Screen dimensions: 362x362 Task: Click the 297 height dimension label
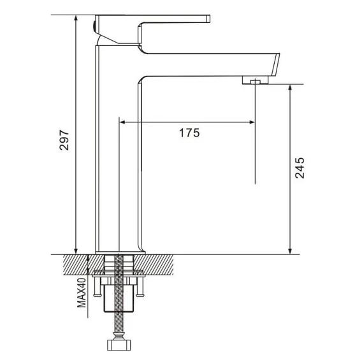[x=64, y=140]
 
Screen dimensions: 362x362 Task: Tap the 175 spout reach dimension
[x=189, y=133]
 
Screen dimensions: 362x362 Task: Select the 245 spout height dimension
[x=300, y=168]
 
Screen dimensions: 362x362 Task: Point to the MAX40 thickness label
[x=82, y=293]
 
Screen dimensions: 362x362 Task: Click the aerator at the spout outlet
[x=255, y=80]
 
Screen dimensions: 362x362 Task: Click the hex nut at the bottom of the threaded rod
[x=119, y=345]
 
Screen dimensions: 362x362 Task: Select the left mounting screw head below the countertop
[x=98, y=294]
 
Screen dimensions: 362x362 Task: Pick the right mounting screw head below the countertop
[x=140, y=294]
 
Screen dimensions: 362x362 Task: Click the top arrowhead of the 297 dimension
[x=76, y=18]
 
